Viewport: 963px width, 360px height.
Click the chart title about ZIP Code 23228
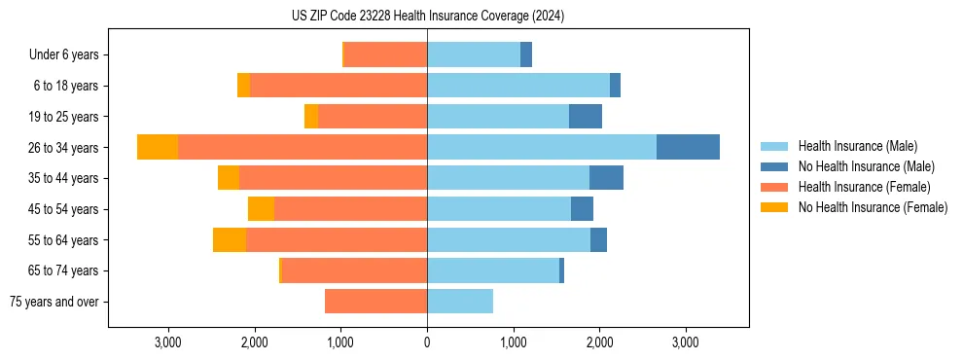[428, 17]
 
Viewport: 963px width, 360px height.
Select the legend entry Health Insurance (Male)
[857, 146]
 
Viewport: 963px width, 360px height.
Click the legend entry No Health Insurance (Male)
[866, 166]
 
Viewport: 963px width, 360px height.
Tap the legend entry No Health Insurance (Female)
[873, 207]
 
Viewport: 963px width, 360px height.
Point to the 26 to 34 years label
[64, 148]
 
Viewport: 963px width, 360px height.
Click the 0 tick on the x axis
[427, 342]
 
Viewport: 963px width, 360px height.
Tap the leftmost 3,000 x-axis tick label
[168, 342]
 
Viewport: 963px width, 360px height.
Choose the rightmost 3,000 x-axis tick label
[686, 342]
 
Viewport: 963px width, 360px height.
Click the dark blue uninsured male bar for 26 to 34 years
[688, 147]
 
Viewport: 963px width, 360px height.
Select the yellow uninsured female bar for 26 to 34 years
[158, 147]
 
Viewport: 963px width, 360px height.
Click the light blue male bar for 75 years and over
[460, 302]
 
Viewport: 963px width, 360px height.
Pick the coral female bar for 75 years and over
[375, 302]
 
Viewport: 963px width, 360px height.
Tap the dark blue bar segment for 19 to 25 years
[586, 117]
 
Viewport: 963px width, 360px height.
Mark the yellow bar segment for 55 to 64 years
[230, 240]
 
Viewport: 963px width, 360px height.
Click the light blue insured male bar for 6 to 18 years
[518, 86]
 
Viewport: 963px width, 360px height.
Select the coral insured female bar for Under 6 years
[386, 55]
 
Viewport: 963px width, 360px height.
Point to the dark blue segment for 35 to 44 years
[606, 178]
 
